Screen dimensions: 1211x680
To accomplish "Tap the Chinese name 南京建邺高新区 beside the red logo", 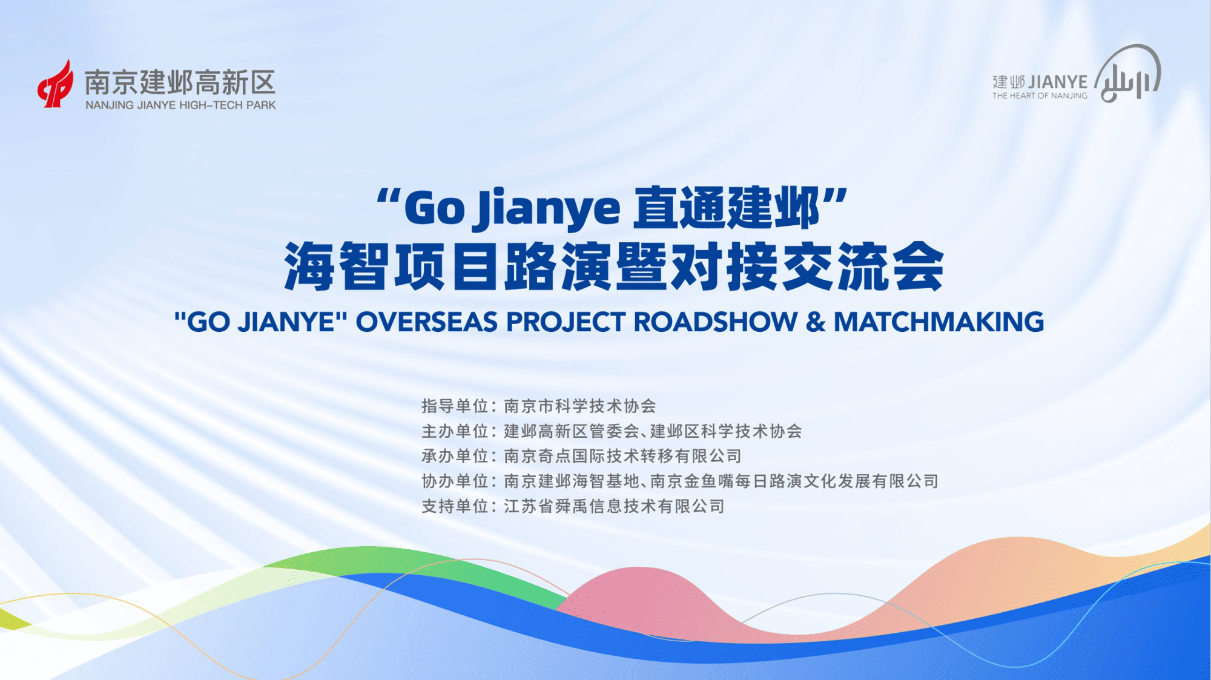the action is click(180, 82).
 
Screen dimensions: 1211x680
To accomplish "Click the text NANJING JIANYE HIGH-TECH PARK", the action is click(180, 105).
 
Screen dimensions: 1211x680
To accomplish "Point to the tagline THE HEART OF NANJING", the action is click(1040, 96).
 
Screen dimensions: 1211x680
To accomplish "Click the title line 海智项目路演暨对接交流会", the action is click(614, 266).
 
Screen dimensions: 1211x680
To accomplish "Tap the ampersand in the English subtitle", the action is click(816, 322).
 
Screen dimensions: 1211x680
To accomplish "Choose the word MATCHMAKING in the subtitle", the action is click(939, 322).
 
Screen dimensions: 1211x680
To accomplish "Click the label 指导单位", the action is click(455, 406).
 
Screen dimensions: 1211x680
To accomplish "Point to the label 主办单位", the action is click(455, 431).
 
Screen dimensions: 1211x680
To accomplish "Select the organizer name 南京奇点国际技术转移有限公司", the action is click(622, 456).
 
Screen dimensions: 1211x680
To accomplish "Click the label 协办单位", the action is click(455, 481).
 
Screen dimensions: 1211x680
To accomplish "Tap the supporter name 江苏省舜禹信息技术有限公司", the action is click(614, 506).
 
